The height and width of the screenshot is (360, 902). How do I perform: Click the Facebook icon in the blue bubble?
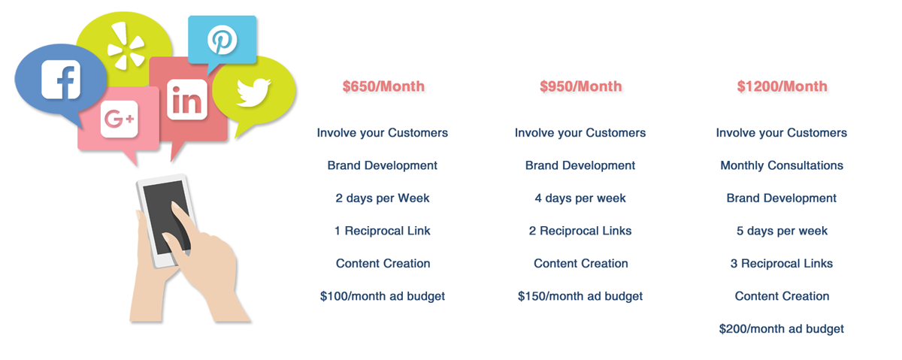pos(61,80)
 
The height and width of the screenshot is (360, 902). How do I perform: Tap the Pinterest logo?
pos(222,40)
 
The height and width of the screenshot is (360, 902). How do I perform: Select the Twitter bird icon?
pos(253,92)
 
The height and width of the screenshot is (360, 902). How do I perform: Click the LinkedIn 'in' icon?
pos(187,99)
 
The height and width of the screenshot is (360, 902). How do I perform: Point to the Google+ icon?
pos(120,119)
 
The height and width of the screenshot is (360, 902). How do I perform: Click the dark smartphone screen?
pos(166,217)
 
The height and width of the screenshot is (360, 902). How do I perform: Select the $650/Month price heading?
pos(383,86)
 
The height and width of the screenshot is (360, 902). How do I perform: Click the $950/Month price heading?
pos(580,86)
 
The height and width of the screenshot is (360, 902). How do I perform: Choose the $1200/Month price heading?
pos(782,86)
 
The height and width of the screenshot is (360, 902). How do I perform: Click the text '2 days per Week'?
pos(383,198)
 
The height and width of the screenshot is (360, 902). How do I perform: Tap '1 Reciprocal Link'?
pos(383,231)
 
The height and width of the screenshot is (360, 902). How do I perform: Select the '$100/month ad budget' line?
pos(383,296)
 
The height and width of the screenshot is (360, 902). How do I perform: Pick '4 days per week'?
pos(580,198)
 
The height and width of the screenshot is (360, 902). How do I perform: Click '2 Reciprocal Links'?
pos(580,231)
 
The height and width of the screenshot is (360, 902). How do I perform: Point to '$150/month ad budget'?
pos(580,296)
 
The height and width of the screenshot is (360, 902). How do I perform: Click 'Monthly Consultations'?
pos(782,165)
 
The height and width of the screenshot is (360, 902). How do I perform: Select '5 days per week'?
pos(782,231)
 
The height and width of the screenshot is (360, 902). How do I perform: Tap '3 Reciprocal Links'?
pos(782,263)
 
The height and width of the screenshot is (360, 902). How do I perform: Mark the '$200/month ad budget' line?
pos(781,329)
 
